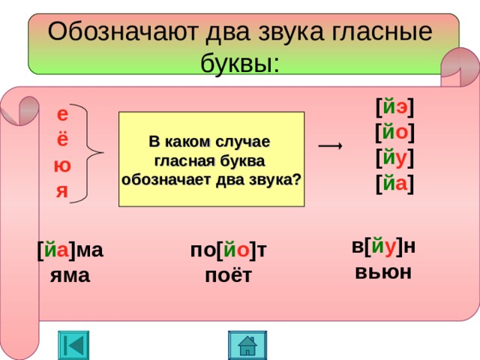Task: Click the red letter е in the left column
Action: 62,115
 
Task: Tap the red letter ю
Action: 62,166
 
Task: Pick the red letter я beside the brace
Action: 62,191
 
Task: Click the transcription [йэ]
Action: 395,107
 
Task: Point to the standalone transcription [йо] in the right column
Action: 395,133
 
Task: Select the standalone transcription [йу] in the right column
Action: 395,158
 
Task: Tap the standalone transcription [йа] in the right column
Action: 395,184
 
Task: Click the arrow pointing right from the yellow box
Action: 330,145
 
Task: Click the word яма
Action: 70,275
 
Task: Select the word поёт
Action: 228,275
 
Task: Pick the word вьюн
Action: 383,271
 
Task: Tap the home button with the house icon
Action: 247,345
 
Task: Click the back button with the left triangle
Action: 73,345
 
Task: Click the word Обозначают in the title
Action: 122,31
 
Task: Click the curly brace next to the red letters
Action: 86,153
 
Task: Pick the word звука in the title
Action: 291,32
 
